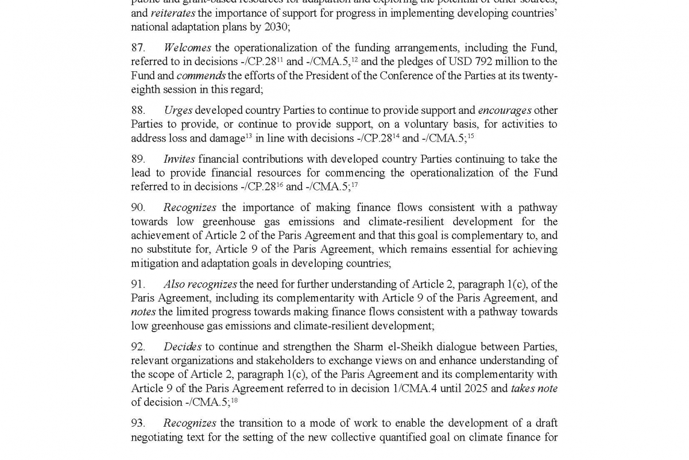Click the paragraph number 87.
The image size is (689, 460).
[x=138, y=48]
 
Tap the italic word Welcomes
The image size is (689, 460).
[x=187, y=48]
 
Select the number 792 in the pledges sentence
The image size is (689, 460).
[x=468, y=62]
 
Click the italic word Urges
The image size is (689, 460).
[x=177, y=110]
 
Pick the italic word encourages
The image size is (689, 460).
[x=505, y=110]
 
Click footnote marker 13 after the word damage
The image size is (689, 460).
[x=249, y=136]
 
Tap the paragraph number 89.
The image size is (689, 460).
[x=138, y=159]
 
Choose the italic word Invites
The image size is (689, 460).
[x=179, y=159]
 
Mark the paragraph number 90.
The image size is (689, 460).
[x=138, y=208]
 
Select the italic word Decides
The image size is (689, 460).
[x=182, y=347]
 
